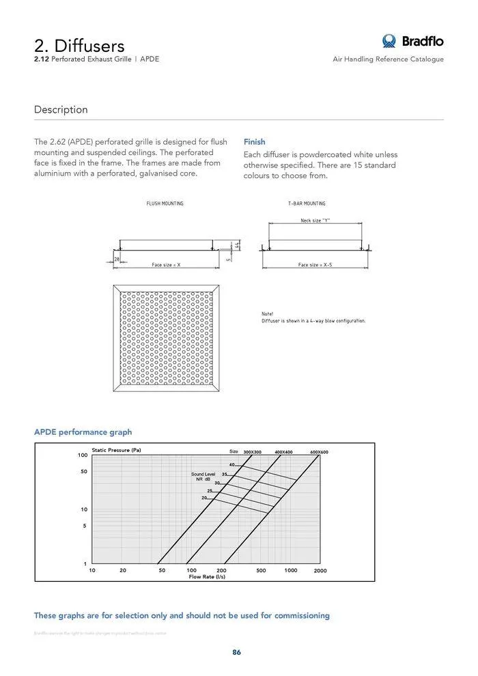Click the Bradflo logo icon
(x=389, y=41)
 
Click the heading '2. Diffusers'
(x=79, y=45)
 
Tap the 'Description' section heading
(x=61, y=109)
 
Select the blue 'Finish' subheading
(x=254, y=142)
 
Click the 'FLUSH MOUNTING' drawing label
(x=165, y=203)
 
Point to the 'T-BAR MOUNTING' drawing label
(x=307, y=203)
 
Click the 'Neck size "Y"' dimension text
(x=315, y=221)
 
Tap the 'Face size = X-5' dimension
(x=315, y=264)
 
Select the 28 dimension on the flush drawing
(x=117, y=259)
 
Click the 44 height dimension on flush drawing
(x=237, y=244)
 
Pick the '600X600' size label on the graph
(x=319, y=452)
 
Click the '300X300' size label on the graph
(x=252, y=452)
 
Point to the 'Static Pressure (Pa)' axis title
(x=116, y=450)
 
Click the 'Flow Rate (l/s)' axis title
(x=207, y=577)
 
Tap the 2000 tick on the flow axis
(x=320, y=570)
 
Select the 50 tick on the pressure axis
(x=83, y=472)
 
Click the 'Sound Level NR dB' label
(x=203, y=477)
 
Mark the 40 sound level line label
(x=231, y=465)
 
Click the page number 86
(x=236, y=652)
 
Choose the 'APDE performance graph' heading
(x=83, y=432)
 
